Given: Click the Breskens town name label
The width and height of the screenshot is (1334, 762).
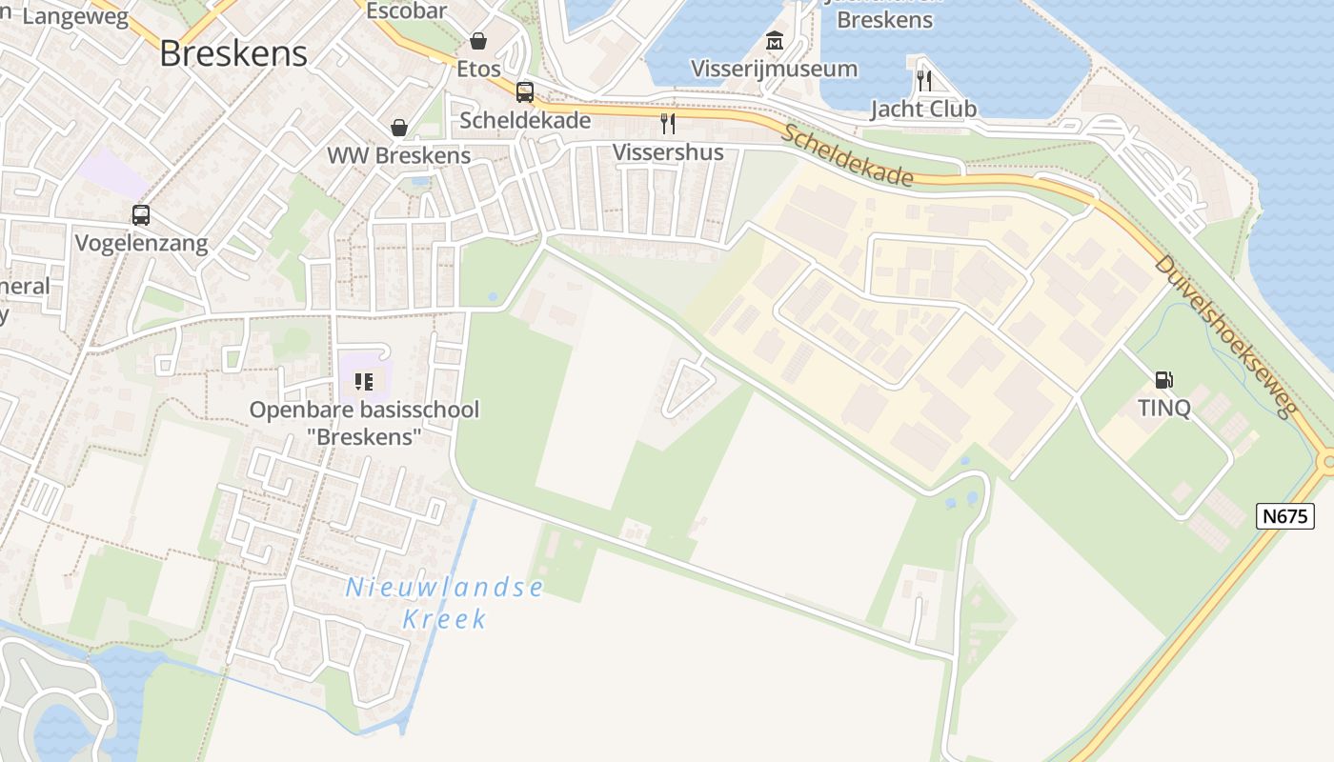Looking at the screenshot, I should [x=233, y=53].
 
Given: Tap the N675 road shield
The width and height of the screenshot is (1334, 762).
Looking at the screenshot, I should [x=1285, y=516].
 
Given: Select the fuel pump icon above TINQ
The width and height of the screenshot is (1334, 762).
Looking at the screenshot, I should [x=1163, y=380].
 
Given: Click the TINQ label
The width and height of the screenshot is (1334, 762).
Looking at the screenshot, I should [x=1163, y=408].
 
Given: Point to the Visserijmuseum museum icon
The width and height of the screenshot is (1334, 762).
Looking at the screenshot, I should [x=775, y=41].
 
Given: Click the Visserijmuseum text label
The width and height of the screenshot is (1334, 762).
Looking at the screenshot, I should [x=774, y=69].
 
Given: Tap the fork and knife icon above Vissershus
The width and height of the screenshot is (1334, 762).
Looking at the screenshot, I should [x=668, y=124].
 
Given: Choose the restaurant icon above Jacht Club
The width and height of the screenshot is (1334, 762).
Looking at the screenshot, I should [x=923, y=80].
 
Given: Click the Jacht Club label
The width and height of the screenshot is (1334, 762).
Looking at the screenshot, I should [x=923, y=109].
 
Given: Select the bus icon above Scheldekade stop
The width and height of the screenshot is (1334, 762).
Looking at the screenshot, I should [x=525, y=92].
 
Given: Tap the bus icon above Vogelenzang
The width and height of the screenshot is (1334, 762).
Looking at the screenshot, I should [x=141, y=215].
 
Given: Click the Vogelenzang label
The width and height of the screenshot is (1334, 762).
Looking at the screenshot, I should [x=141, y=243].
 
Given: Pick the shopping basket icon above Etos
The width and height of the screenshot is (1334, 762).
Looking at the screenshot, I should [x=478, y=41].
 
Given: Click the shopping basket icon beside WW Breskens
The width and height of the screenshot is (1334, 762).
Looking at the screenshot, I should [x=399, y=128].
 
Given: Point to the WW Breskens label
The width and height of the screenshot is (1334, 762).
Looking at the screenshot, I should [x=399, y=155].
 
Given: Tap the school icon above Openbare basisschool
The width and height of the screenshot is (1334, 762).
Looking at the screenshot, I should [x=364, y=382].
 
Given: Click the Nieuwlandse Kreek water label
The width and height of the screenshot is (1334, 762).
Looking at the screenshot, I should [x=444, y=603].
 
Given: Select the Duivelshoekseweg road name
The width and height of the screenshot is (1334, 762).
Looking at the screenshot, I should [x=1224, y=335].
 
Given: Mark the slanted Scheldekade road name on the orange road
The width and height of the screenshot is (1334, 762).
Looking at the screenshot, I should [x=847, y=155].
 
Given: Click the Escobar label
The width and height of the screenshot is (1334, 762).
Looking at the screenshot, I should [x=407, y=11].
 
